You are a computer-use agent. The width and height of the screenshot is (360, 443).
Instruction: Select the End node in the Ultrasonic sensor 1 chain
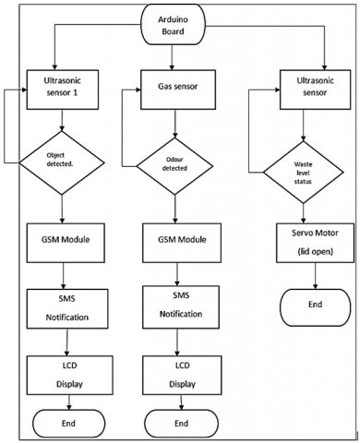coord(62,422)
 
